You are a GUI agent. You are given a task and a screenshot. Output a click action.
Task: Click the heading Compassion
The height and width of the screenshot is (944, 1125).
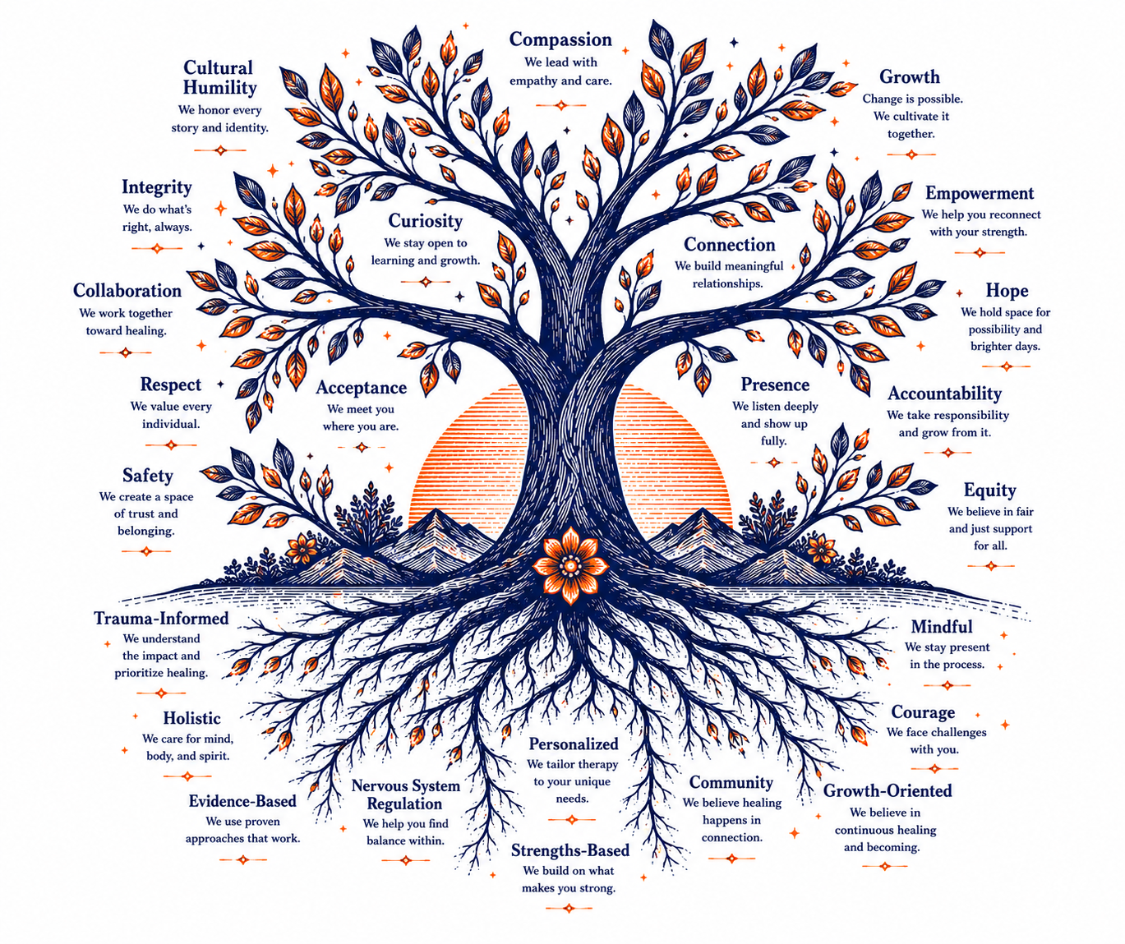click(560, 40)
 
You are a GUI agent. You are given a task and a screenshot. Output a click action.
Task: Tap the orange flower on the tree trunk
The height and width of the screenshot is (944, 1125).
click(570, 566)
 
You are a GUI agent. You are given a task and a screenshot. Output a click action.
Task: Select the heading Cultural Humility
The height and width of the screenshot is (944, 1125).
click(219, 77)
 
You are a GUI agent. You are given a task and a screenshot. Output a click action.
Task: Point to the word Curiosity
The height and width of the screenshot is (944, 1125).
click(425, 221)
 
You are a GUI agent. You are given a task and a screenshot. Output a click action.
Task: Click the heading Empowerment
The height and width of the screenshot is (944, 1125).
click(979, 193)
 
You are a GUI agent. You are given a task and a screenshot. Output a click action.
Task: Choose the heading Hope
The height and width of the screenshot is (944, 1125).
click(1007, 290)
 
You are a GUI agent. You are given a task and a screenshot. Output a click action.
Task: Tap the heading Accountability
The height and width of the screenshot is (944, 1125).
click(944, 394)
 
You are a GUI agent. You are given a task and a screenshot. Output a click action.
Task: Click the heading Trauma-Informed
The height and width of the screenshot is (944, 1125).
click(161, 618)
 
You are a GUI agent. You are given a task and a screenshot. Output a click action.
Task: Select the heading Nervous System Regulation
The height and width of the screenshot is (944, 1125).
click(406, 794)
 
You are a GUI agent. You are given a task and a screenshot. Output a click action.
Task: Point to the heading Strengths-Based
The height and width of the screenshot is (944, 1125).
click(570, 850)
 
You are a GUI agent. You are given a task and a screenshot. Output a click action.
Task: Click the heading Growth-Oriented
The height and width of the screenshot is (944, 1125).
click(888, 790)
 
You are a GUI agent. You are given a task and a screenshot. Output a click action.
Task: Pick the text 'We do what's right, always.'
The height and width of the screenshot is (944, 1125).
click(157, 219)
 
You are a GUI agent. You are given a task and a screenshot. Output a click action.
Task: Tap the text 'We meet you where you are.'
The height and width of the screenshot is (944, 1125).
click(361, 417)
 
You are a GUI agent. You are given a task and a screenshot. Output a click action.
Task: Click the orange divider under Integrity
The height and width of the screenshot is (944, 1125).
click(157, 248)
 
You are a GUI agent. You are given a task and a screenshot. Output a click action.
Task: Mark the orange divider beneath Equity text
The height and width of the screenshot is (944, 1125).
click(990, 566)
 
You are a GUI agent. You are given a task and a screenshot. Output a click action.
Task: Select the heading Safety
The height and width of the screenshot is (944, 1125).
click(147, 475)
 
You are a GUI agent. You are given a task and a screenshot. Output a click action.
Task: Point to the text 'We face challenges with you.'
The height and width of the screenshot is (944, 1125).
click(936, 741)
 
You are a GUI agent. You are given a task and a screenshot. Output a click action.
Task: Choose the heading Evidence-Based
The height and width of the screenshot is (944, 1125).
click(242, 801)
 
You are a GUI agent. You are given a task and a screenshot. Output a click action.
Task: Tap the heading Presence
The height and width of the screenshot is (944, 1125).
click(774, 385)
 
